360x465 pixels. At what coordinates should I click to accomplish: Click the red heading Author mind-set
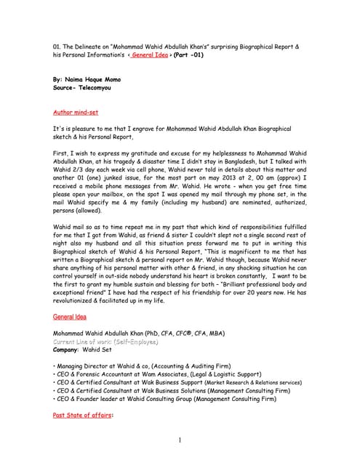click(76, 113)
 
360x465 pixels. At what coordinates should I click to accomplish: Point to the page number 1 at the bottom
click(179, 440)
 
